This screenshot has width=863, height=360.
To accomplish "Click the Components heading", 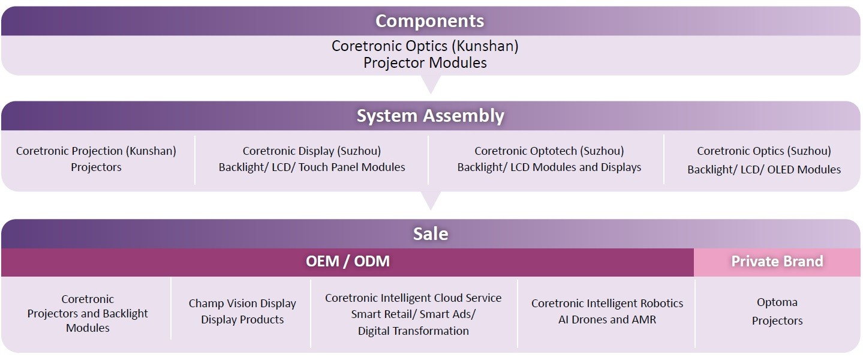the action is pyautogui.click(x=429, y=21).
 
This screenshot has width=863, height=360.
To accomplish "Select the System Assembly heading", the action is pyautogui.click(x=431, y=116).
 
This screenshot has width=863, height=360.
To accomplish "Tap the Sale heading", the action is pyautogui.click(x=431, y=233).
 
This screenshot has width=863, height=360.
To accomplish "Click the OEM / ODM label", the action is pyautogui.click(x=347, y=262).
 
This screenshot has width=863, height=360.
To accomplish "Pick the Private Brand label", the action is pyautogui.click(x=777, y=262).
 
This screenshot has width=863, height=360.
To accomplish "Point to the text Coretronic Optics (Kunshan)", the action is pyautogui.click(x=425, y=46).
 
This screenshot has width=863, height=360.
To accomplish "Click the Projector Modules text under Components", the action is pyautogui.click(x=425, y=63).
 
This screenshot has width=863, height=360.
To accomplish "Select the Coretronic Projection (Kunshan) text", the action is pyautogui.click(x=96, y=151).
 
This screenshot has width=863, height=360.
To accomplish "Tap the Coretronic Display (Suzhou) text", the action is pyautogui.click(x=312, y=151).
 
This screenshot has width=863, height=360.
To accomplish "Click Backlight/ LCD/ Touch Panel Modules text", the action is pyautogui.click(x=312, y=167).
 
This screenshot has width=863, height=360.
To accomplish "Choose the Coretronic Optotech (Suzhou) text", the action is pyautogui.click(x=549, y=151).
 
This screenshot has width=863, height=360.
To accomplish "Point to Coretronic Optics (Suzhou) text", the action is pyautogui.click(x=764, y=151).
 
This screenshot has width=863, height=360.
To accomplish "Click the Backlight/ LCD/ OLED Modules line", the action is pyautogui.click(x=764, y=169).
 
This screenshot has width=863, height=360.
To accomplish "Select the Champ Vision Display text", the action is pyautogui.click(x=242, y=304).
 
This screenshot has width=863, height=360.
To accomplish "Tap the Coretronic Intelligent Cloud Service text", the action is pyautogui.click(x=413, y=298).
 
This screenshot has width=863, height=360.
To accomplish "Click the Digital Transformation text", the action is pyautogui.click(x=413, y=331).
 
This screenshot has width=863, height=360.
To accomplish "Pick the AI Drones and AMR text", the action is pyautogui.click(x=607, y=320).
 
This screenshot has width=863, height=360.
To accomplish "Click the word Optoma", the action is pyautogui.click(x=777, y=302).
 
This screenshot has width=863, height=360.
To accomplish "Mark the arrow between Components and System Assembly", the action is pyautogui.click(x=431, y=85).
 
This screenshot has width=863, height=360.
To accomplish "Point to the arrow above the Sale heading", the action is pyautogui.click(x=431, y=200).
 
